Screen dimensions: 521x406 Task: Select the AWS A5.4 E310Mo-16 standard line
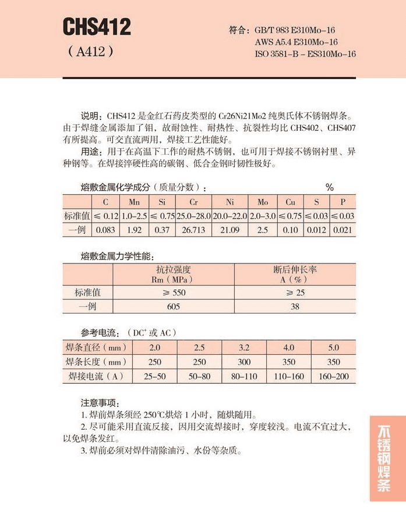point(296,42)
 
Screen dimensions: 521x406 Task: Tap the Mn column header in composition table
point(134,202)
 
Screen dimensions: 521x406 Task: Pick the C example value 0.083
point(105,230)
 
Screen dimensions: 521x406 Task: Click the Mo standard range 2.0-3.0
point(262,216)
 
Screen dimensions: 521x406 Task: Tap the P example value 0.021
point(343,230)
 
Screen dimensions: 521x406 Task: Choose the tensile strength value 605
point(173,306)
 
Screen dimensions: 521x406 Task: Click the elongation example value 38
point(295,306)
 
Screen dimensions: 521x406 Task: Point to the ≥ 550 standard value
point(173,292)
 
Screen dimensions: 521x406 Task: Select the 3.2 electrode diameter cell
point(243,348)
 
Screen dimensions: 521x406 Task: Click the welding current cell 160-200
point(334,376)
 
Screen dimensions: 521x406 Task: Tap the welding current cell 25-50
point(154,376)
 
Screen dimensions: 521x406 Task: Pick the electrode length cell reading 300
point(243,362)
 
